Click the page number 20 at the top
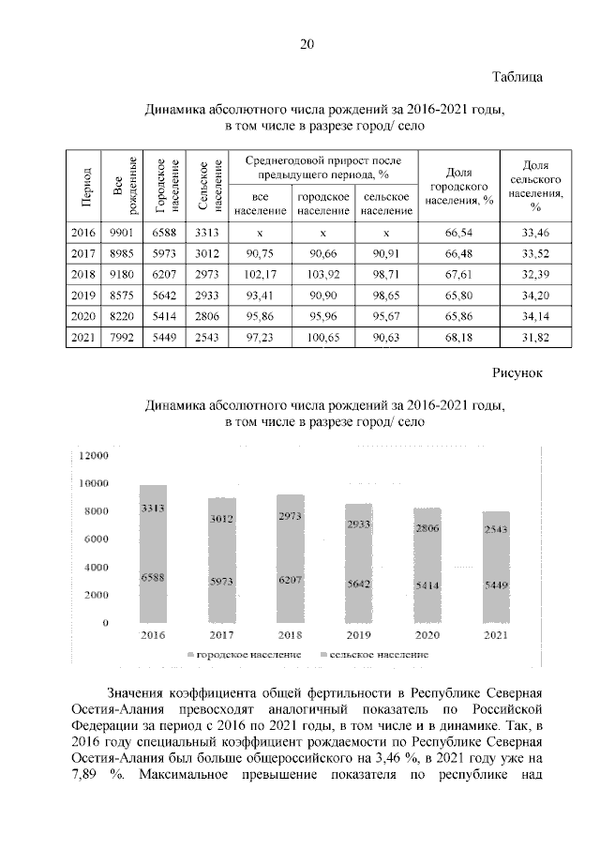point(307,43)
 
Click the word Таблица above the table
point(517,77)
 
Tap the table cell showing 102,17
point(262,274)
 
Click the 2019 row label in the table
point(83,295)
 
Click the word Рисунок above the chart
point(518,373)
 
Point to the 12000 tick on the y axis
point(95,456)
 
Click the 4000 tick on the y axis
point(97,568)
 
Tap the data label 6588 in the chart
point(153,579)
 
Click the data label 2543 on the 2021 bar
point(496,530)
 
